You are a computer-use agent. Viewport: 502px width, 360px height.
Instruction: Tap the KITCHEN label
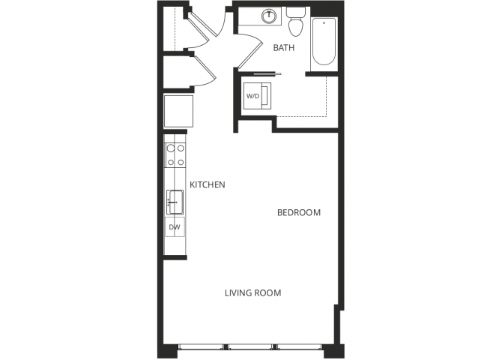[208, 184]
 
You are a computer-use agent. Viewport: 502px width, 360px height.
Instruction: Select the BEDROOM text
[299, 213]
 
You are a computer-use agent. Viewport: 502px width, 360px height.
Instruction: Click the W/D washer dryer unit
[252, 96]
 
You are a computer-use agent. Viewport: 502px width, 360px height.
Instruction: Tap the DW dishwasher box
[174, 226]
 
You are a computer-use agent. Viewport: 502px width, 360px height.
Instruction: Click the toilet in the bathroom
[296, 21]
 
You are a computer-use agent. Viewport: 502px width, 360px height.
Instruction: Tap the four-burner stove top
[175, 154]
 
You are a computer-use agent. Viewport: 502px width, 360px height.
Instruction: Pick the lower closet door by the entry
[205, 69]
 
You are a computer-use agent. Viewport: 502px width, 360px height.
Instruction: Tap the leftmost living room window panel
[202, 347]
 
